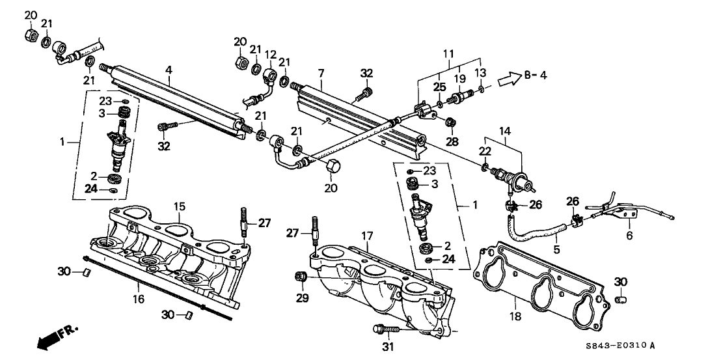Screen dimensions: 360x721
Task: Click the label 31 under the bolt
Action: pos(388,347)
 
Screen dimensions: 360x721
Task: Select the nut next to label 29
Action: pos(301,277)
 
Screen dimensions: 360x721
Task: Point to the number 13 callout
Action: pos(481,71)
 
